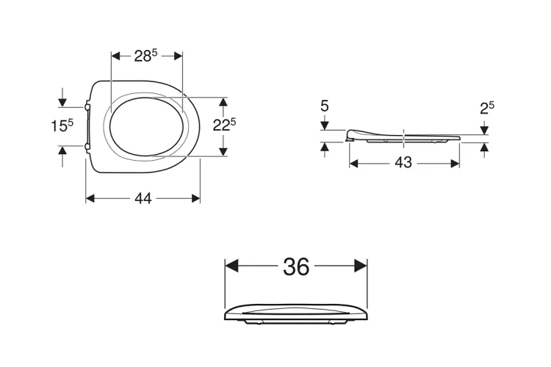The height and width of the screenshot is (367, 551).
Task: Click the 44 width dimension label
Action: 143,199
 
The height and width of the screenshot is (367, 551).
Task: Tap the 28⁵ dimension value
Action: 145,56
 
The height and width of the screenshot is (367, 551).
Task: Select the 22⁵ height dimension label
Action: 224,125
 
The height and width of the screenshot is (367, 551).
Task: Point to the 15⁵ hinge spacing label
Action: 62,126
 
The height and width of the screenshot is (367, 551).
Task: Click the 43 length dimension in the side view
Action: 403,163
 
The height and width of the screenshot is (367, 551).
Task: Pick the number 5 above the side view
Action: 324,106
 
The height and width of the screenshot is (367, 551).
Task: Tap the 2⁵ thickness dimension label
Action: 487,108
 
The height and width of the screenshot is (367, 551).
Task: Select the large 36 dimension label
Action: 296,266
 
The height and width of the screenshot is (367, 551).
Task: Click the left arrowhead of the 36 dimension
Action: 231,266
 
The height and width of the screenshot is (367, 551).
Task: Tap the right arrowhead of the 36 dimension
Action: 361,266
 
